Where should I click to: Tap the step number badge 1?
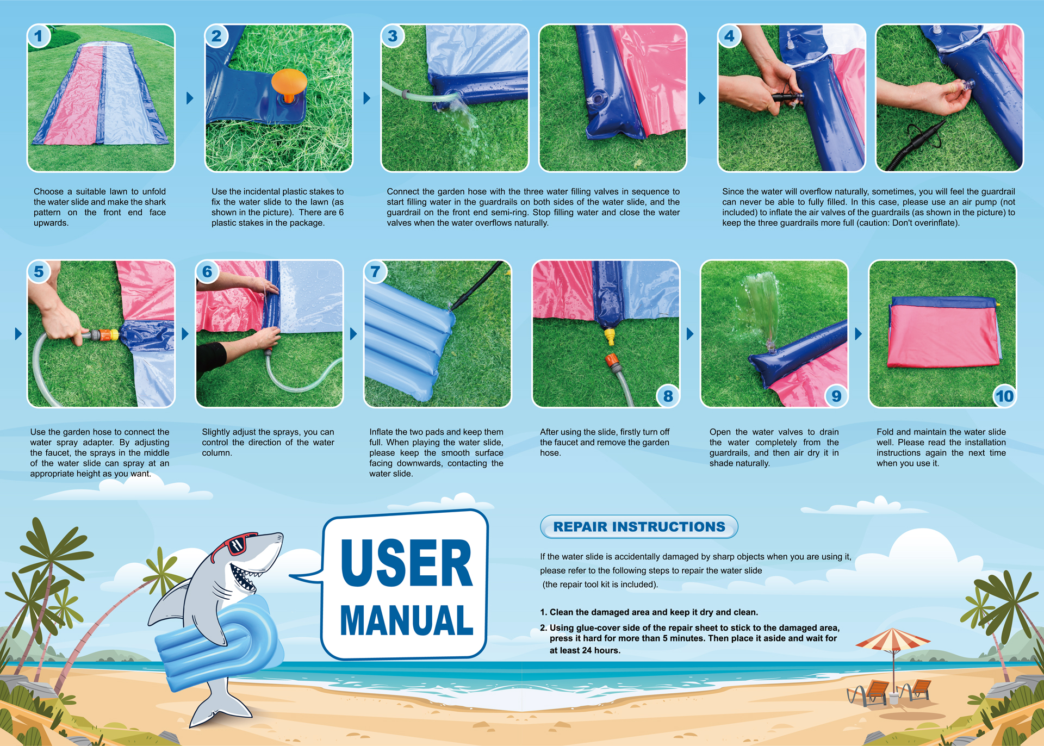(x=39, y=36)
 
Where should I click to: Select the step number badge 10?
(x=1004, y=396)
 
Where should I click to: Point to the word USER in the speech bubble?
(x=407, y=563)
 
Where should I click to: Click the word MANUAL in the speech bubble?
(x=407, y=620)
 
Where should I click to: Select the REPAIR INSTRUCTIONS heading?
(x=639, y=526)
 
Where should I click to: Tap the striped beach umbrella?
(x=892, y=642)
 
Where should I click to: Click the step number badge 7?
(x=375, y=271)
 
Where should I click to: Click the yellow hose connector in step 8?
(x=610, y=336)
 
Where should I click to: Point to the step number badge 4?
(x=729, y=36)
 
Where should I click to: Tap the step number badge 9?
(x=836, y=396)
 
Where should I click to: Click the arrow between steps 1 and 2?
(x=190, y=98)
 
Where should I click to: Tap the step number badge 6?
(x=207, y=271)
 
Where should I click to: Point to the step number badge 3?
(x=393, y=36)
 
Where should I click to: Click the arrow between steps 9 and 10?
(x=858, y=333)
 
